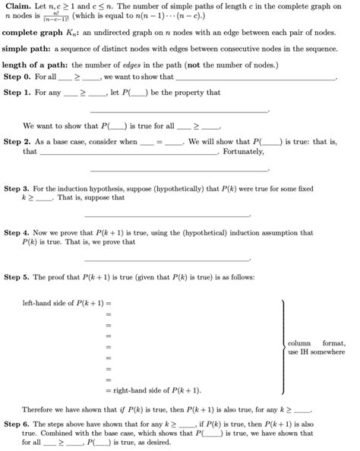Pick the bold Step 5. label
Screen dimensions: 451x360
click(x=17, y=276)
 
